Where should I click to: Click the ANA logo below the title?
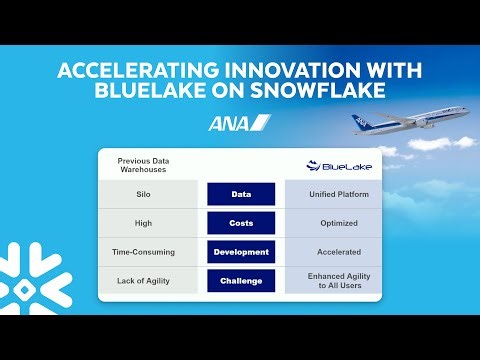coord(239,123)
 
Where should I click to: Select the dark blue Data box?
coord(240,193)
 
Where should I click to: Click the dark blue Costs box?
coord(240,222)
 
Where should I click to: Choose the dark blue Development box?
coord(240,251)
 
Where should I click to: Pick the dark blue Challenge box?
coord(240,281)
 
